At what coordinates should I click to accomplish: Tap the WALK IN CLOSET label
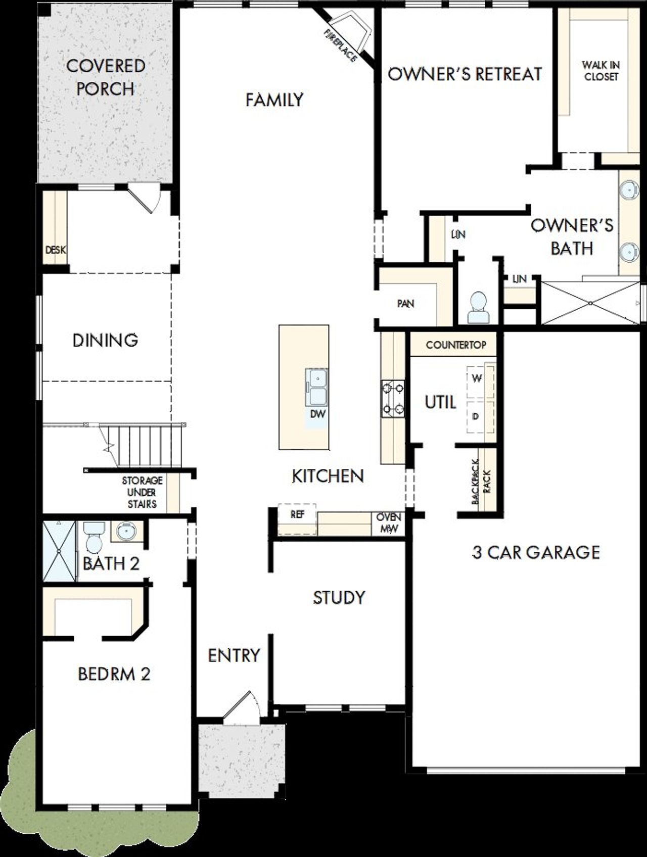600,71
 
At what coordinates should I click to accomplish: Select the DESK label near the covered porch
55,250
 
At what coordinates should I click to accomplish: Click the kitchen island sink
316,387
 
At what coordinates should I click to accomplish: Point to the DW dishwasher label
318,414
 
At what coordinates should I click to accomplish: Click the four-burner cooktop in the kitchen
393,398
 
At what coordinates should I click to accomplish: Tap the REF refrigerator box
297,515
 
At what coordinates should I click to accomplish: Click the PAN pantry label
405,303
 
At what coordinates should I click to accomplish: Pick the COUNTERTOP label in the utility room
456,345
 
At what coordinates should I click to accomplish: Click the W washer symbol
476,378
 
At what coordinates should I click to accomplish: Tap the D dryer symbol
475,416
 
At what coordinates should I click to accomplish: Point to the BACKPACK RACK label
481,481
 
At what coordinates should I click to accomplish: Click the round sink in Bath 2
124,531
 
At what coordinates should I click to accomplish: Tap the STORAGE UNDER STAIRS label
142,492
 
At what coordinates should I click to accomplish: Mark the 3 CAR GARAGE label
536,552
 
